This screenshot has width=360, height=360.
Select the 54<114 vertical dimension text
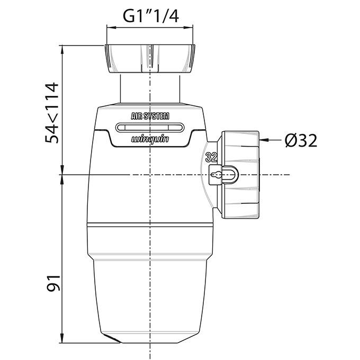coord(53,113)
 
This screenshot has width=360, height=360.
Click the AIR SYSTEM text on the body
coord(150,116)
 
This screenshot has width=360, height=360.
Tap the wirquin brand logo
coord(150,140)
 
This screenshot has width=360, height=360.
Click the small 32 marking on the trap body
coord(211,157)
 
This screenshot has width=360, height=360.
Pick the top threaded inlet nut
coord(150,59)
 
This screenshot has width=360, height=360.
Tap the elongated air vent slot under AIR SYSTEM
coord(150,127)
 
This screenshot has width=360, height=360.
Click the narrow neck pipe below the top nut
coord(150,87)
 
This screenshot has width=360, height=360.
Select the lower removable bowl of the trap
coord(150,286)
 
